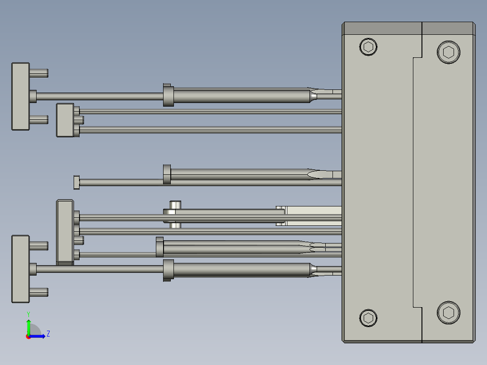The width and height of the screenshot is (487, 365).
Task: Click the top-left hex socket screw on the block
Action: pos(368,47)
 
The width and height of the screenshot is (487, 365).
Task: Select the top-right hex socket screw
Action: pos(449,52)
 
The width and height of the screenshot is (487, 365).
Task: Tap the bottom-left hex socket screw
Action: pos(368,318)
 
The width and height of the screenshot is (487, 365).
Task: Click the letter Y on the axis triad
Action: pos(28,314)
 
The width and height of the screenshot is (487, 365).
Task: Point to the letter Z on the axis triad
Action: pos(48,334)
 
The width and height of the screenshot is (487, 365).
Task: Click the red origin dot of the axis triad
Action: pos(28,336)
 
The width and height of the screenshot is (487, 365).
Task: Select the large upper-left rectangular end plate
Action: pos(20,96)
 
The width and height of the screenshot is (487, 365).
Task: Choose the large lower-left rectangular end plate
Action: pos(20,268)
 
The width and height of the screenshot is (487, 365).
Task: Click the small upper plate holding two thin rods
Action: pos(65,120)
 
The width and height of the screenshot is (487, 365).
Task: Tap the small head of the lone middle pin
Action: pos(76,182)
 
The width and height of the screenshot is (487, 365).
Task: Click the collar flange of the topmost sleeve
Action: pos(168,95)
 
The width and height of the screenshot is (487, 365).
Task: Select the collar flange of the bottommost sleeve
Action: pos(168,270)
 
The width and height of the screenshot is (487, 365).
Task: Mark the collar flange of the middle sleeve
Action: pos(167,175)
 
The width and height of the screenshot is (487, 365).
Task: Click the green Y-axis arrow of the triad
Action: pos(28,326)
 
